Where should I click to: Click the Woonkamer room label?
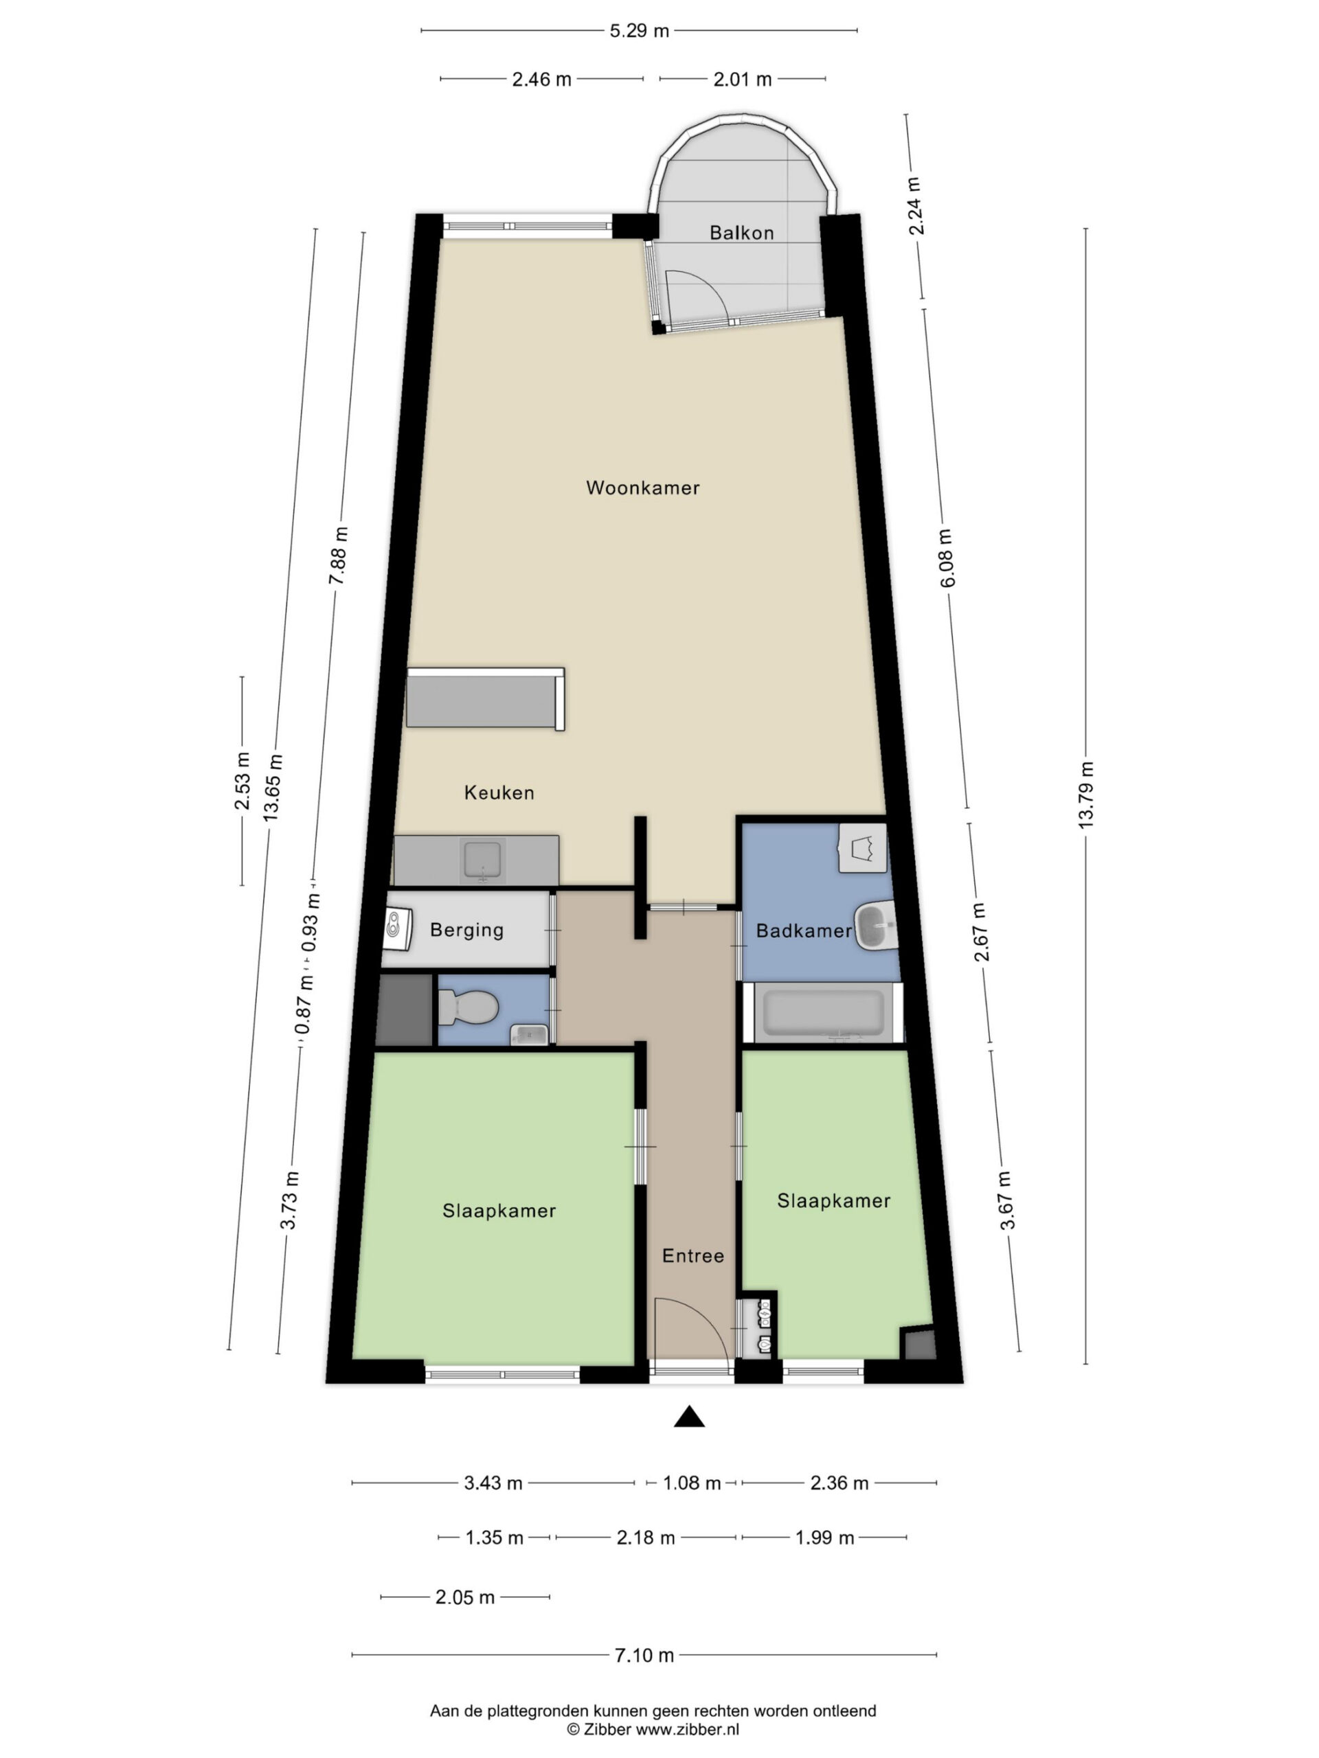tap(642, 488)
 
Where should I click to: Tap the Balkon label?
tap(741, 233)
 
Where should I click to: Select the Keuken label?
tap(499, 792)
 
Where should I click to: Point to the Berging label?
tap(466, 930)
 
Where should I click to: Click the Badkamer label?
tap(803, 931)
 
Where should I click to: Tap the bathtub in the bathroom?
tap(823, 1012)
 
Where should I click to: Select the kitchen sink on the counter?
tap(482, 860)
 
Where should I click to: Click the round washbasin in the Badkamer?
tap(875, 925)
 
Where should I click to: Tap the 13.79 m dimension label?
tap(1086, 795)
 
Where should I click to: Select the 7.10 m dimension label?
tap(644, 1655)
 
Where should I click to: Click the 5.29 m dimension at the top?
tap(639, 31)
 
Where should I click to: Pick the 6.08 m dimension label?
tap(946, 558)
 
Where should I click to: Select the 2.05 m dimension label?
tap(465, 1597)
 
